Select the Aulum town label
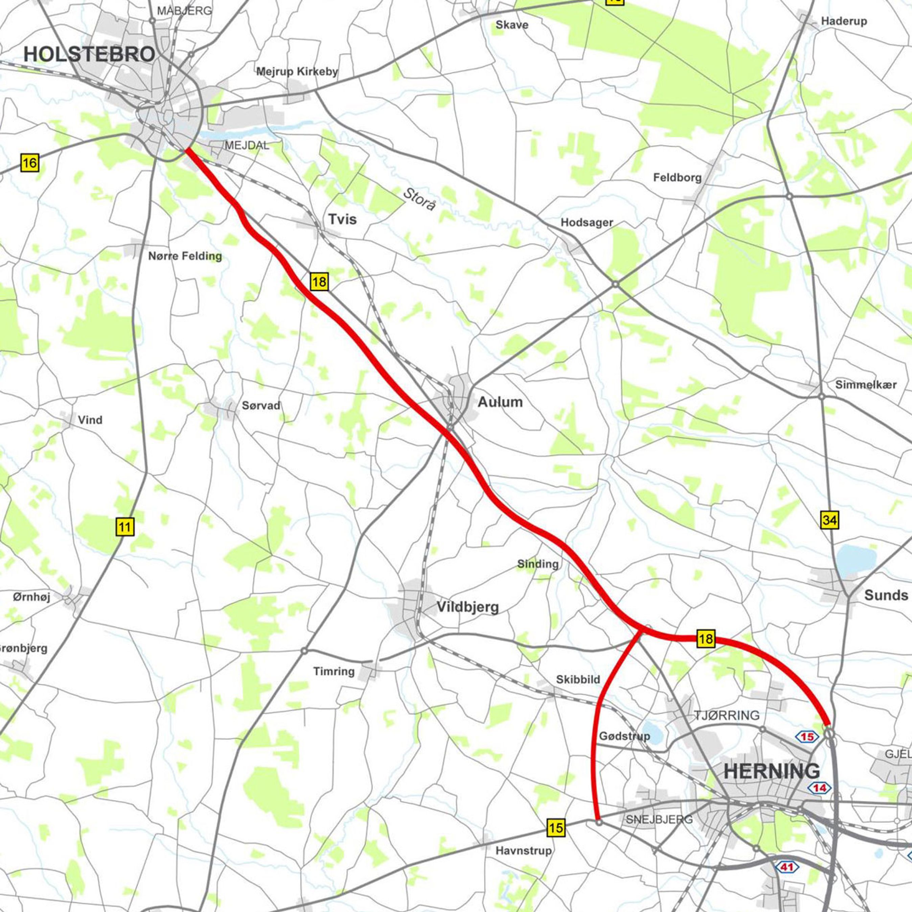point(500,402)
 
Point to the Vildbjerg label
point(467,607)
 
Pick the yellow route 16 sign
point(29,163)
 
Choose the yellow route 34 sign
point(829,521)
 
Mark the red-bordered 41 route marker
point(786,867)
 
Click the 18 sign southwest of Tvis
point(319,282)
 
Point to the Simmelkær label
point(866,385)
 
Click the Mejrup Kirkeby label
point(297,72)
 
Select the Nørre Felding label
point(185,256)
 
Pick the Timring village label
point(334,671)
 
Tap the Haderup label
point(844,21)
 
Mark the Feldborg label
point(677,178)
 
